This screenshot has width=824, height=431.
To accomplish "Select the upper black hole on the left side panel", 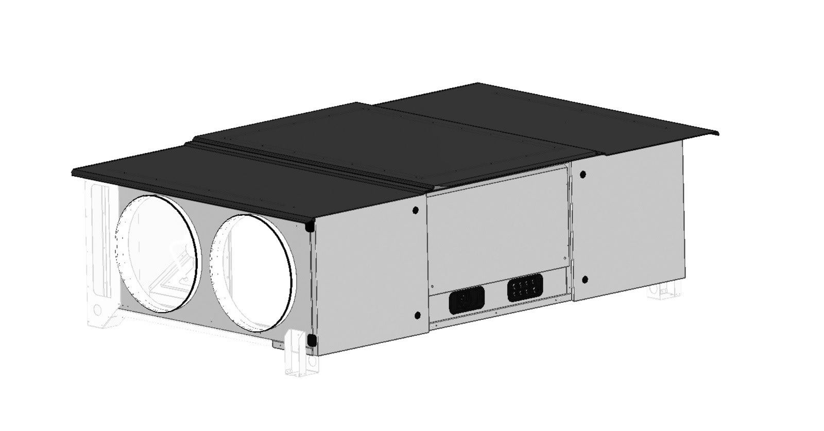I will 416,210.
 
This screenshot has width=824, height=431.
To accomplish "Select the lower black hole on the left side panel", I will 417,315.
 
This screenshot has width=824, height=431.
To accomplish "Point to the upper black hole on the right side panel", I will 582,175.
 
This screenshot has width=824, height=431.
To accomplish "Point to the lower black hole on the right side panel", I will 585,280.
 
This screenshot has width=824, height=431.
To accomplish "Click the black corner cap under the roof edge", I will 310,226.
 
